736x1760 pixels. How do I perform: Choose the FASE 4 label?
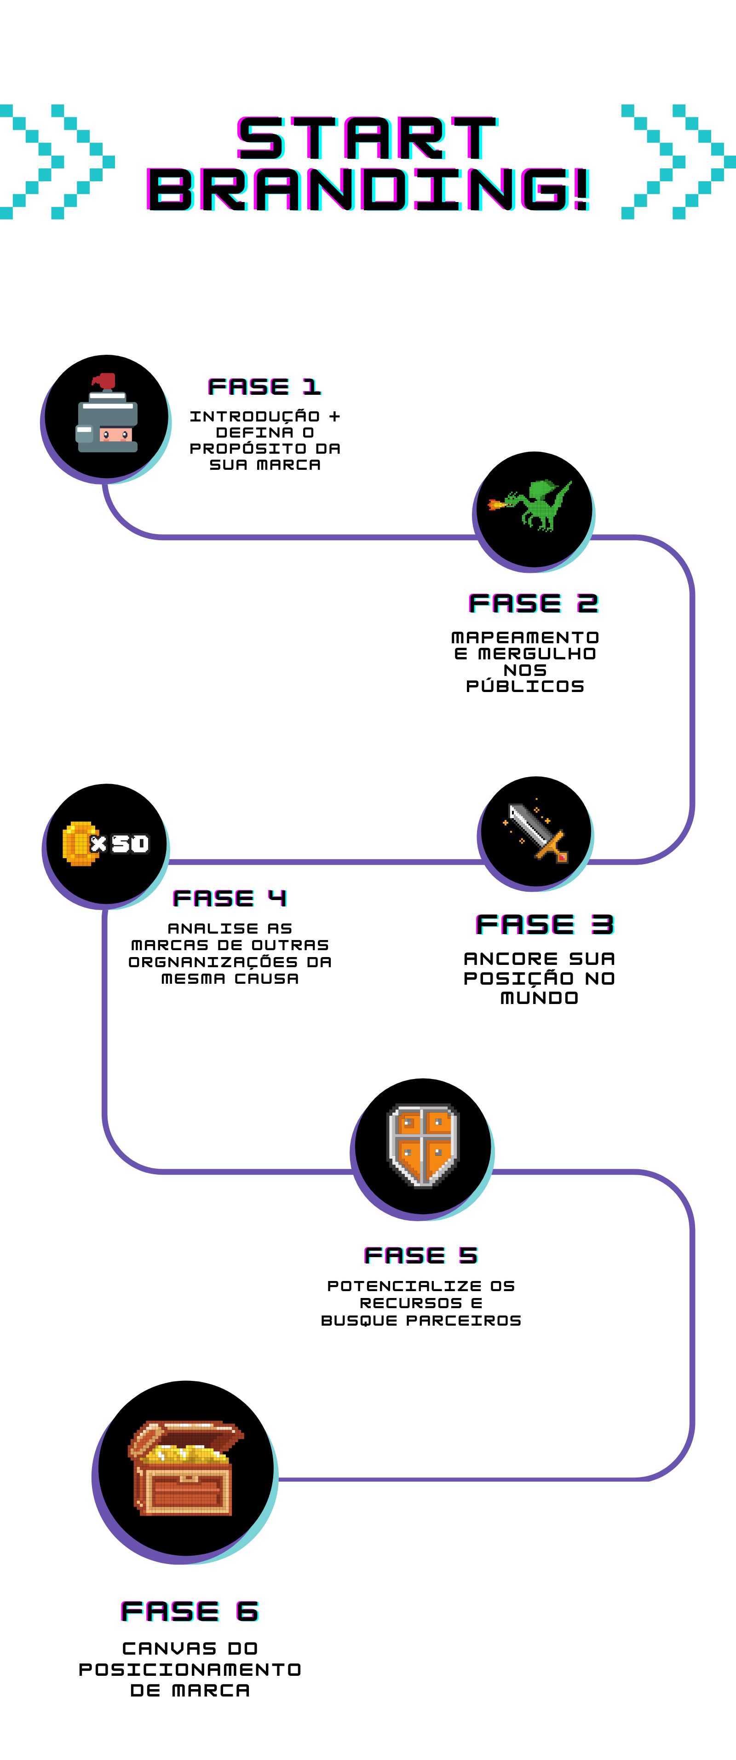click(230, 898)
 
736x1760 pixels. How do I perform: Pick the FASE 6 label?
click(190, 1611)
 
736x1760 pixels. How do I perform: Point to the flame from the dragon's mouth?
click(497, 505)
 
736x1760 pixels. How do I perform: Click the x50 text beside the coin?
click(121, 844)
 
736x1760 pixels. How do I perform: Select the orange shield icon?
click(423, 1146)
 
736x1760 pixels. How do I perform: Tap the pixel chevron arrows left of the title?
click(57, 162)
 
